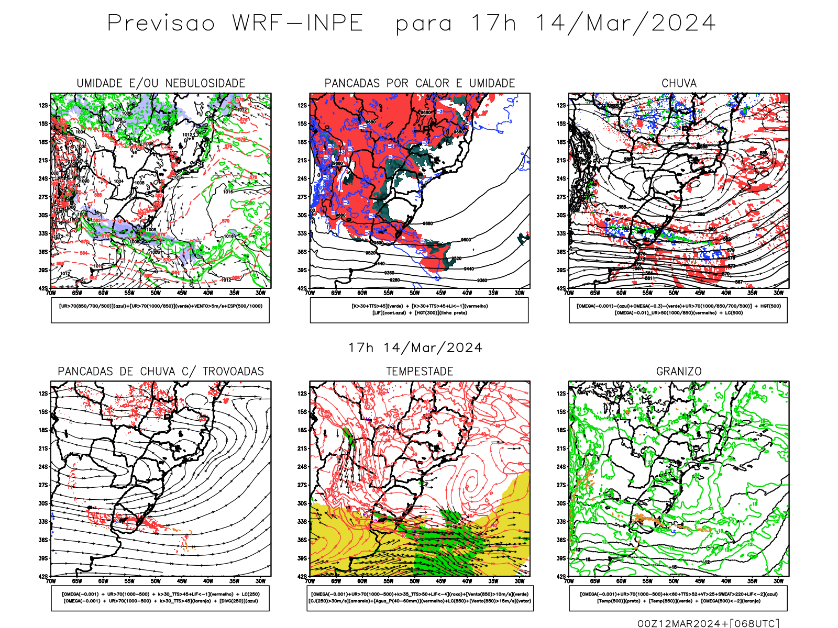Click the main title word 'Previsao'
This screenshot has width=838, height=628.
pos(161,24)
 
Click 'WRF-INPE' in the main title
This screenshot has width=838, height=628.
pos(297,24)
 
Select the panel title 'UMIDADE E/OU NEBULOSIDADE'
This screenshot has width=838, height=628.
pos(161,83)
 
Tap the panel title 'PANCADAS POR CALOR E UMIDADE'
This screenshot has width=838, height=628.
pos(420,83)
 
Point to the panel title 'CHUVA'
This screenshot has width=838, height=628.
pos(679,83)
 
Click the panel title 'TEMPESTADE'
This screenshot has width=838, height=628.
pos(420,372)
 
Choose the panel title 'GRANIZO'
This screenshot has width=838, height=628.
pos(679,372)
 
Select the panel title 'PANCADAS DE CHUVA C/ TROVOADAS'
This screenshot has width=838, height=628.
pos(161,372)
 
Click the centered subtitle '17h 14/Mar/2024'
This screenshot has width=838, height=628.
pos(415,347)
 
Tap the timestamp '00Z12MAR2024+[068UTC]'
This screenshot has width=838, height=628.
pos(708,623)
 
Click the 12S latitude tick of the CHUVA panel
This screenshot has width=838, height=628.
pos(561,105)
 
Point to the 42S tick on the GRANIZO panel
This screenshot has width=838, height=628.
pos(561,576)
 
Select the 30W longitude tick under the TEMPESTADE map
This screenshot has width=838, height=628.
pos(519,581)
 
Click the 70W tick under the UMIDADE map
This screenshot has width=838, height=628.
pos(51,293)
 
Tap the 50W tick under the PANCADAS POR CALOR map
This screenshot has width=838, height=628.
pos(414,293)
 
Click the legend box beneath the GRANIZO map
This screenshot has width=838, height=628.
pos(678,598)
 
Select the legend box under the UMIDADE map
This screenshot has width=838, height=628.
pos(160,310)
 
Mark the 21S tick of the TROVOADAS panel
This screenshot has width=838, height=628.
pos(43,448)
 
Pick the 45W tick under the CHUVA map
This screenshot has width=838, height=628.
pos(700,293)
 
